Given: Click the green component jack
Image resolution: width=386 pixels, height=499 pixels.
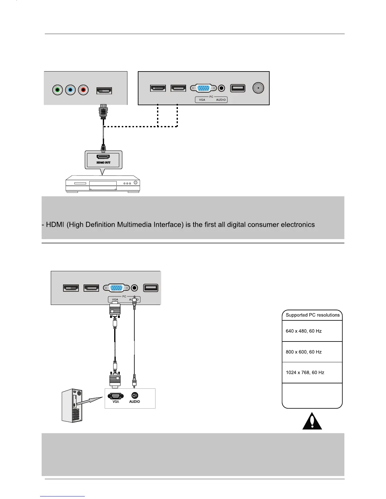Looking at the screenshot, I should (57, 90).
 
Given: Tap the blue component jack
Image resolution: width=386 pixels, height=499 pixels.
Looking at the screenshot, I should (70, 90).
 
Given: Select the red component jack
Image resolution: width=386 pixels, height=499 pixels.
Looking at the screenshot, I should (83, 90).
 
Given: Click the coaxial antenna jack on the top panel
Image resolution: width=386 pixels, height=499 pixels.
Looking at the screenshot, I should (258, 88).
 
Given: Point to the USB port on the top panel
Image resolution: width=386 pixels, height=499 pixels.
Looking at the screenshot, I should (238, 88).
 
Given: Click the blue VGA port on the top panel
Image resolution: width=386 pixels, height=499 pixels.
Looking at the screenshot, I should (204, 88).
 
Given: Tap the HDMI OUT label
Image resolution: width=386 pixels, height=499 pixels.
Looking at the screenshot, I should (103, 163).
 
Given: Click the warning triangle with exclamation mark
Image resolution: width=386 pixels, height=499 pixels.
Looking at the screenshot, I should (312, 421).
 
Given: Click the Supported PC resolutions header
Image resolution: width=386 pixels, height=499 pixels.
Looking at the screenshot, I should (313, 315).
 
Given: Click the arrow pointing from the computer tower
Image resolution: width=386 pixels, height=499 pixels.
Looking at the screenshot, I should (90, 401).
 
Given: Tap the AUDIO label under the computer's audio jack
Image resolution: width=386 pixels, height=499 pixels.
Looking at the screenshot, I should (135, 402).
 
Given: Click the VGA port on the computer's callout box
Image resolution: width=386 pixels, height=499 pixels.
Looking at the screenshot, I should (115, 396).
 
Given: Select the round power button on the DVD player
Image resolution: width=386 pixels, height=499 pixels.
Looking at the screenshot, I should (136, 183).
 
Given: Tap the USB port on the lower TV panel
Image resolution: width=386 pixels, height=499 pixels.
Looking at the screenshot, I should (151, 288).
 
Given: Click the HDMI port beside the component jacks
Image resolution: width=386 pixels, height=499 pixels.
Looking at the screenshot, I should (104, 91).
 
